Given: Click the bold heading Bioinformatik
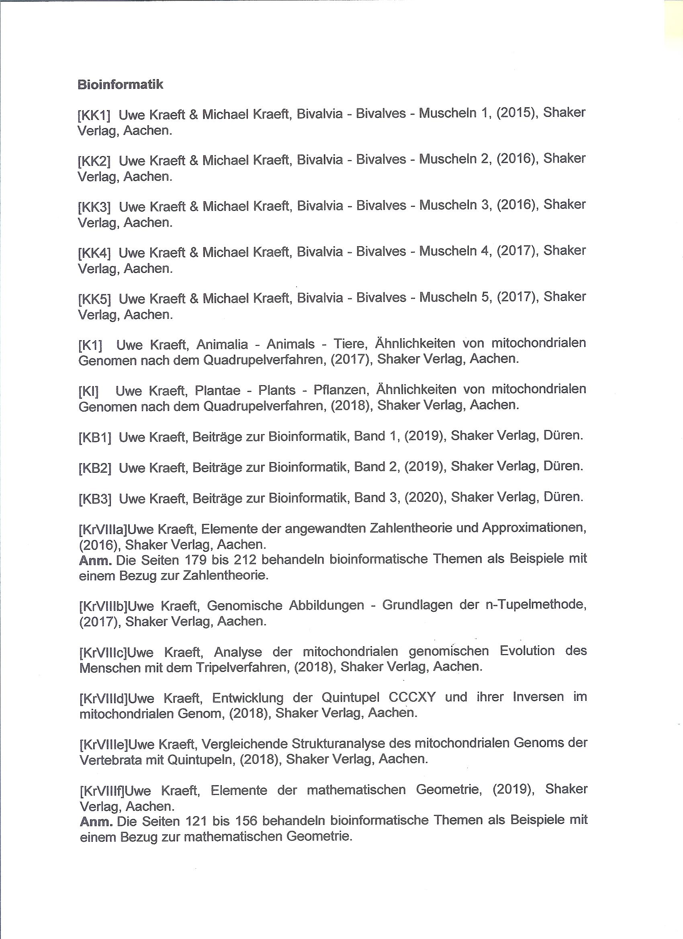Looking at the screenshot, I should pos(120,84).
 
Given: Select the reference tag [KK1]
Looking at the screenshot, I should pos(94,115).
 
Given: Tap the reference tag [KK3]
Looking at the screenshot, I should pos(94,206).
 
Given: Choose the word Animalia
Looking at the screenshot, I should pos(222,345).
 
